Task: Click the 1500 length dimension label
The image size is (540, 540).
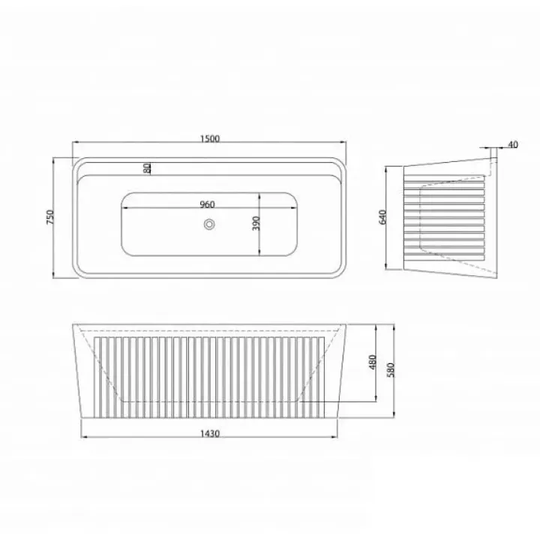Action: [210, 139]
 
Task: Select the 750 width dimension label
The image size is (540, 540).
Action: [50, 217]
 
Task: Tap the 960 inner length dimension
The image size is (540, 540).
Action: [207, 204]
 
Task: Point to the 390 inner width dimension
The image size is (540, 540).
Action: [256, 223]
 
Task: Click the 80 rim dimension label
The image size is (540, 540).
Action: [147, 169]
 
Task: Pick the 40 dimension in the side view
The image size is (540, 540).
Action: [513, 145]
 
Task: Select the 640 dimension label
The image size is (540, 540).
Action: [382, 217]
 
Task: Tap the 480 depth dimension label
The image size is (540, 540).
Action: [372, 362]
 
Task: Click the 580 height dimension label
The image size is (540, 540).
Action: [391, 370]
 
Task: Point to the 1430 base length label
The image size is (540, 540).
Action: [210, 433]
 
